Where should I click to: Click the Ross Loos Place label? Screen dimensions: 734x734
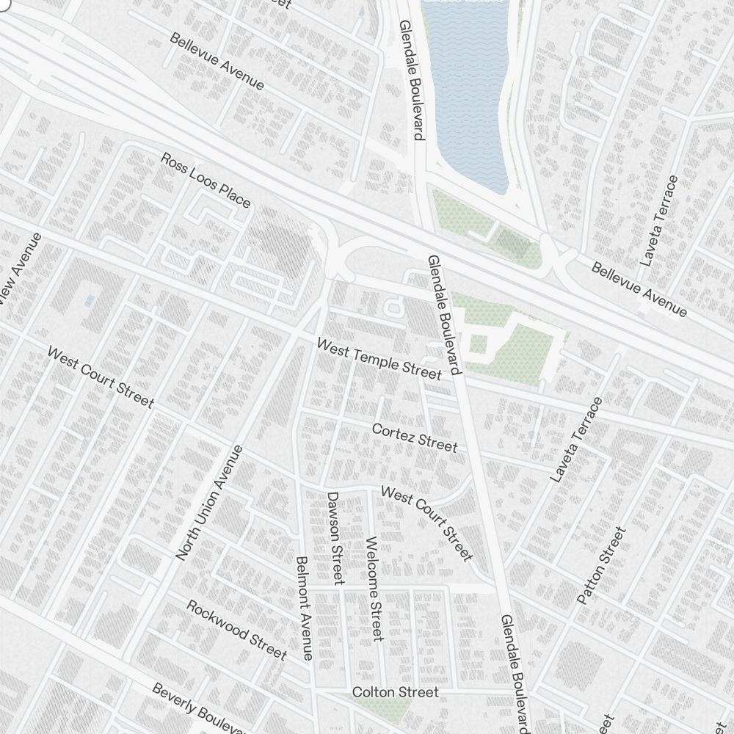206,181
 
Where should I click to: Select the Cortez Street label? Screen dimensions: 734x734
415,437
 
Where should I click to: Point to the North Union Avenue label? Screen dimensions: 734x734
209,503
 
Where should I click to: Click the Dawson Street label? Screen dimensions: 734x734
335,538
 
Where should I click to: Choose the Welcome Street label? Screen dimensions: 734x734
374,589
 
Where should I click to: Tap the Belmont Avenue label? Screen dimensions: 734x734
305,608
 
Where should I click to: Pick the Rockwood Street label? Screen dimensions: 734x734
236,629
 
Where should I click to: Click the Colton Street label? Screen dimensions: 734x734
395,692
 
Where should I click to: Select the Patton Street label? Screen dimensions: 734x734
602,566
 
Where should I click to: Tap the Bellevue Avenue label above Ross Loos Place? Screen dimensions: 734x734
217,61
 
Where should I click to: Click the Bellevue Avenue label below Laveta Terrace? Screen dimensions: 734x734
639,290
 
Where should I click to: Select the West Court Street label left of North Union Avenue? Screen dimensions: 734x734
101,377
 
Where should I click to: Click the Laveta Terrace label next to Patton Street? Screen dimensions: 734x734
577,440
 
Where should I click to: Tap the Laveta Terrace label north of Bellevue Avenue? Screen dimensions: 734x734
659,220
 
